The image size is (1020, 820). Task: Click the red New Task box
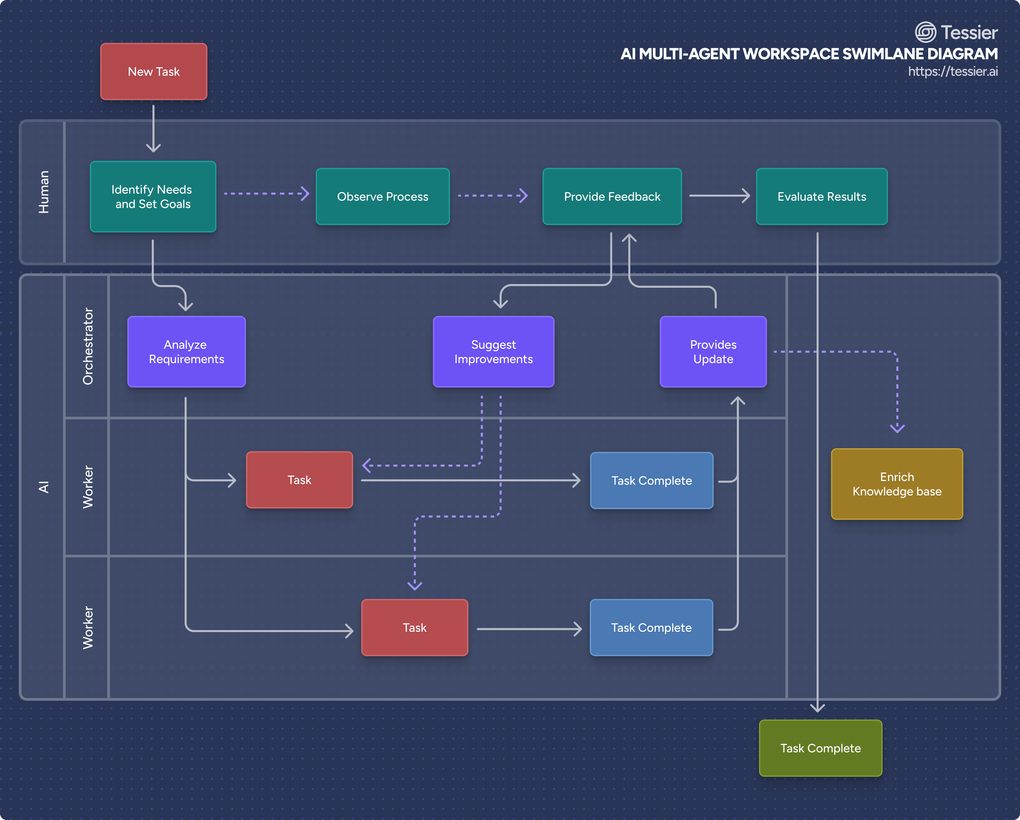click(x=154, y=71)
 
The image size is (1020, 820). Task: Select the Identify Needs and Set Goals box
click(x=153, y=197)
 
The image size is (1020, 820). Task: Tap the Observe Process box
click(x=382, y=196)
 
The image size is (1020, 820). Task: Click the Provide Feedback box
click(x=612, y=196)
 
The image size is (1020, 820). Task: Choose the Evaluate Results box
click(x=821, y=196)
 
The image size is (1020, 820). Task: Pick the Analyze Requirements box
click(x=186, y=351)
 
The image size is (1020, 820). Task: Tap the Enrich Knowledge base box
click(x=897, y=484)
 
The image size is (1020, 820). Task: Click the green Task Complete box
click(x=820, y=748)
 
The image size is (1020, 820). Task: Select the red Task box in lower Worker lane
click(x=415, y=627)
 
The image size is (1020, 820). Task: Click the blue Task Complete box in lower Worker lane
click(x=651, y=627)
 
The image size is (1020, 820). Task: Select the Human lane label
click(x=44, y=192)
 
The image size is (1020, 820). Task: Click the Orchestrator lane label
click(x=88, y=346)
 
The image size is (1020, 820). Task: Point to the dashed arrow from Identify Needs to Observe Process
click(x=266, y=193)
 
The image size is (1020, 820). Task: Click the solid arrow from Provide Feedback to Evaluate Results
click(x=719, y=195)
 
